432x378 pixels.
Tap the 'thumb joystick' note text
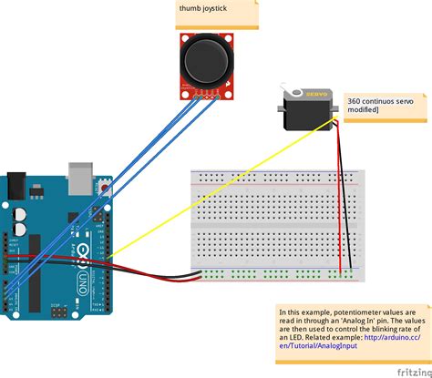pos(204,9)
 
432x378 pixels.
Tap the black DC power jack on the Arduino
pos(19,186)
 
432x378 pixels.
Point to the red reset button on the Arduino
pos(108,189)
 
